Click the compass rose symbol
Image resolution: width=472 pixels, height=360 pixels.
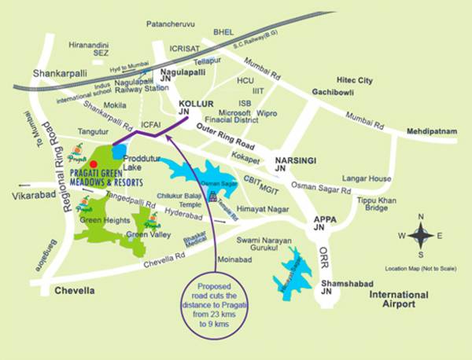(x=422, y=235)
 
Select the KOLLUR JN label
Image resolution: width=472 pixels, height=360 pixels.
(x=196, y=108)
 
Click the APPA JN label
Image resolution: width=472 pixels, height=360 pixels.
(x=325, y=225)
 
